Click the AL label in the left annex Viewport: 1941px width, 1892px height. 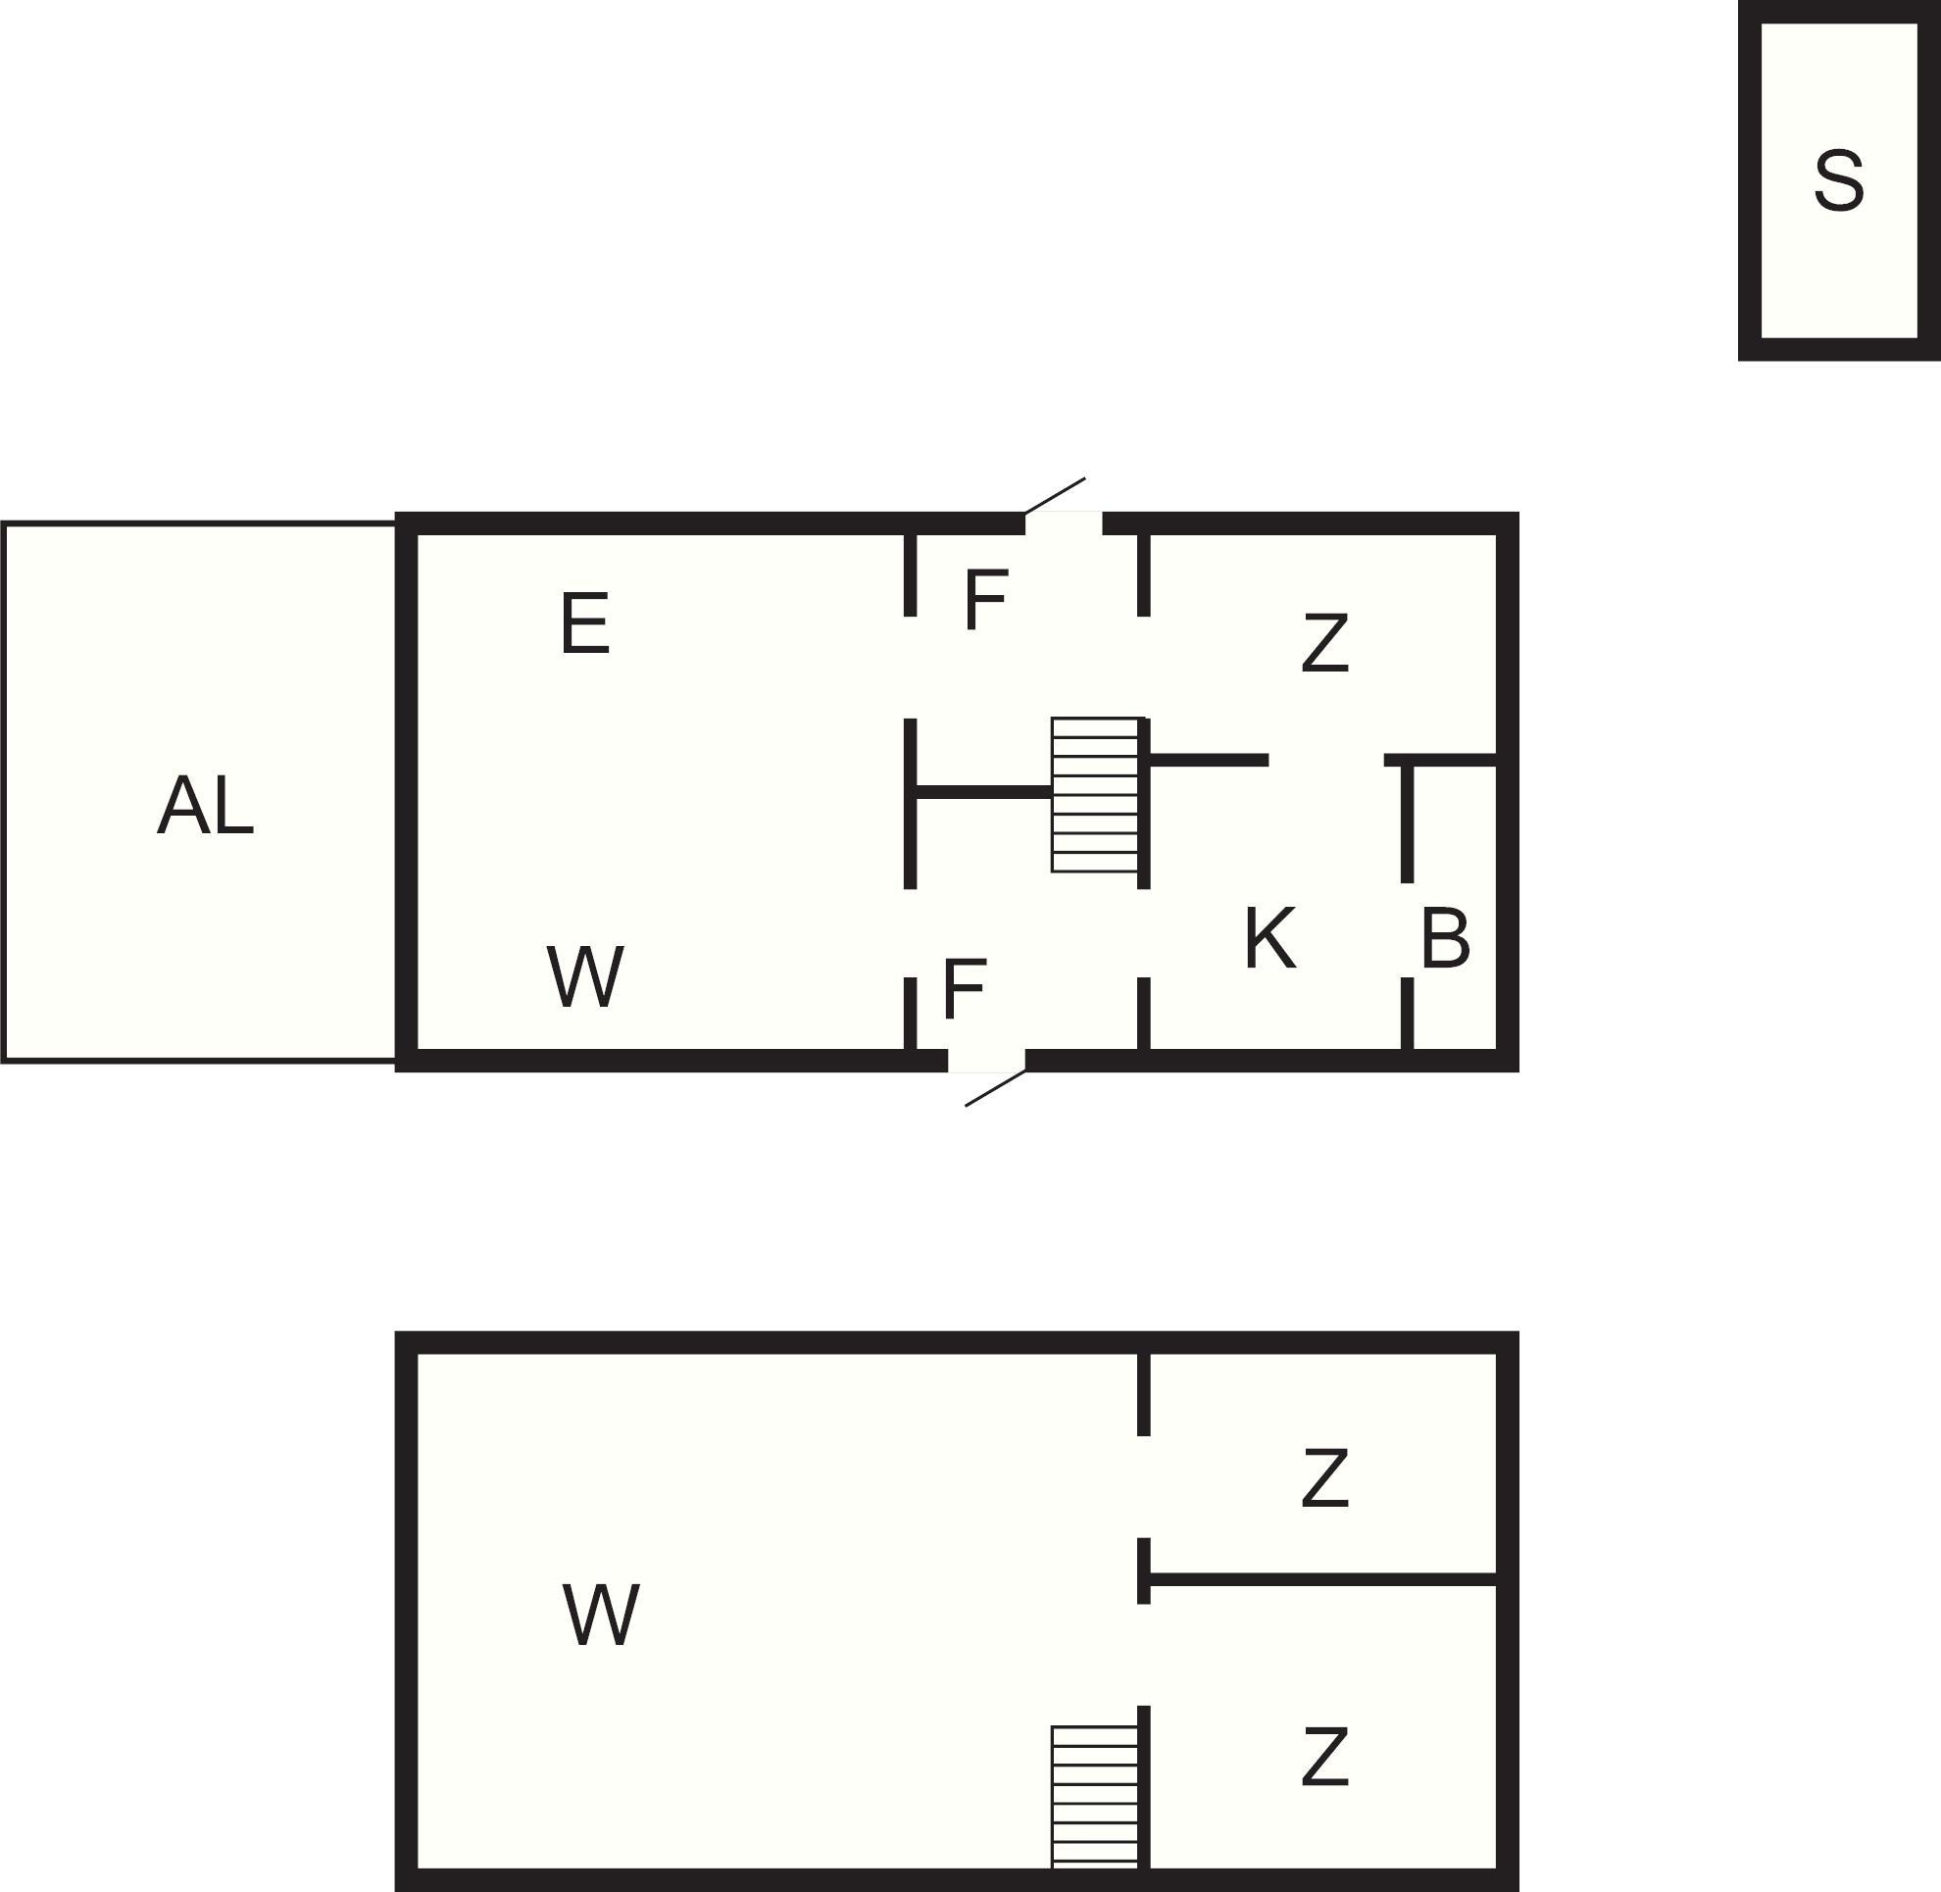pos(206,805)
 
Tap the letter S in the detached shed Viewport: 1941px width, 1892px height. pos(1838,180)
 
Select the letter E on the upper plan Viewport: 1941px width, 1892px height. pos(584,623)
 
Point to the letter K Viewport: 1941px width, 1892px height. pos(1269,938)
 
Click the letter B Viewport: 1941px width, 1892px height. pos(1445,938)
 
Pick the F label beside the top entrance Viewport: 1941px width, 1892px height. pos(986,600)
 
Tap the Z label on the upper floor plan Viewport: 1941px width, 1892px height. pos(1324,644)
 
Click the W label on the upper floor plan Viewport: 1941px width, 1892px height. pos(585,975)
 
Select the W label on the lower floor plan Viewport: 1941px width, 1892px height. pos(600,1615)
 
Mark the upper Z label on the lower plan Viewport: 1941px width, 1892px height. pos(1324,1478)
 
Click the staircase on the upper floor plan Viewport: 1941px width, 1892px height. pos(1095,795)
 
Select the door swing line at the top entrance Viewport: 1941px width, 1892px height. pos(1055,495)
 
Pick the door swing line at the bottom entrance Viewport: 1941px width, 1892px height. pos(995,1088)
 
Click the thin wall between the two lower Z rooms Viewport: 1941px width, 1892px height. pos(1321,1579)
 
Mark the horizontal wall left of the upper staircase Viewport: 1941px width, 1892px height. pos(983,792)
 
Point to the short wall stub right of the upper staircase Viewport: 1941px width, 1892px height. pos(1209,760)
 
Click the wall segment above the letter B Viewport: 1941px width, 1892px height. pos(1441,760)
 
